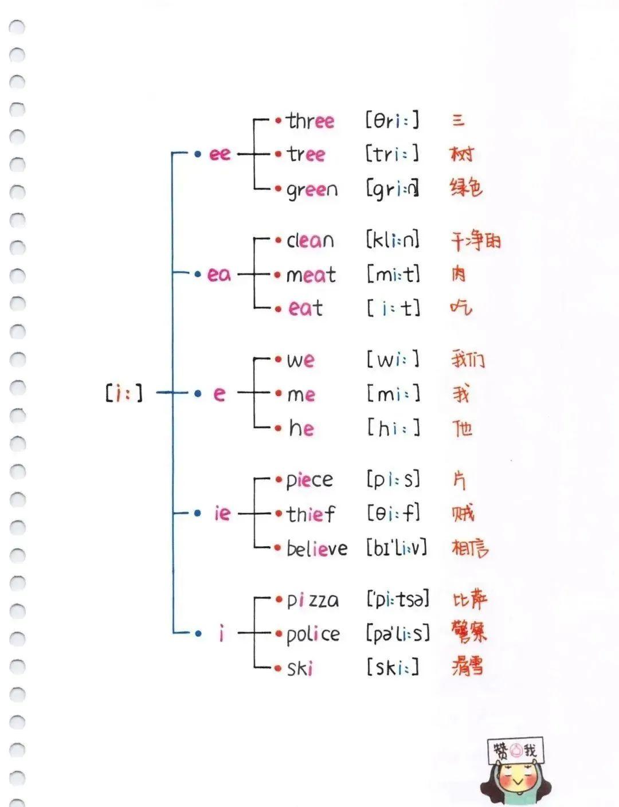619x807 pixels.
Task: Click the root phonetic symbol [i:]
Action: [123, 393]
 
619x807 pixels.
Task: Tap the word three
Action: [310, 121]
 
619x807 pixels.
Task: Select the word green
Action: [312, 190]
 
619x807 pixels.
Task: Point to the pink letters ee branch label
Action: [220, 154]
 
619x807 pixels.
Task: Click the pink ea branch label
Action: [218, 274]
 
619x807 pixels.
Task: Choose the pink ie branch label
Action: [222, 513]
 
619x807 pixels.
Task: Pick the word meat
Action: [311, 275]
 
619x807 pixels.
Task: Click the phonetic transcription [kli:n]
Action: [393, 240]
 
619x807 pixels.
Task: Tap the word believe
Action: [317, 549]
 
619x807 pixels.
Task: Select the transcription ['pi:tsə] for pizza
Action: [397, 600]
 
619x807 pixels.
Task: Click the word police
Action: [313, 634]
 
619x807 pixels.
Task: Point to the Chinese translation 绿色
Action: [467, 187]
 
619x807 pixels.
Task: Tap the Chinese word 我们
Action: [468, 359]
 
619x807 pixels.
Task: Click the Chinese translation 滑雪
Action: [467, 666]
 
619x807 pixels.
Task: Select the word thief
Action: [311, 514]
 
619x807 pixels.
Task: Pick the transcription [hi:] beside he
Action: [393, 428]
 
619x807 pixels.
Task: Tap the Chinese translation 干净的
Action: [475, 240]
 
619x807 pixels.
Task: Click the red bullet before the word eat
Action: [278, 309]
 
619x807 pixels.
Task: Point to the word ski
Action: [300, 668]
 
